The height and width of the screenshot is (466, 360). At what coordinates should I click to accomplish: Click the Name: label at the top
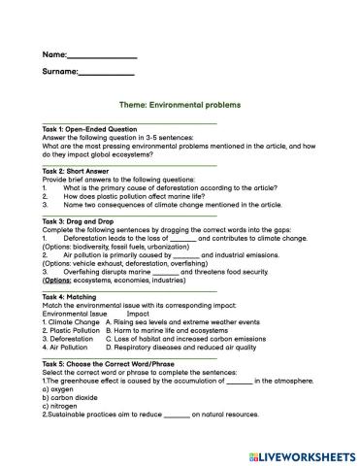55,54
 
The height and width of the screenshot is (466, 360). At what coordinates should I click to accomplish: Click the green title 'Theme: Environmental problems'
179,105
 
